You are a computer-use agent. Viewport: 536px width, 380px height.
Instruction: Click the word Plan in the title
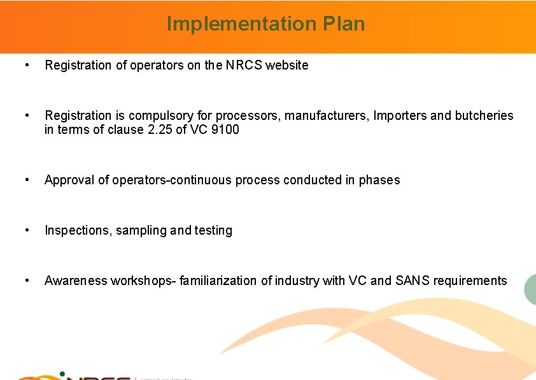pyautogui.click(x=344, y=24)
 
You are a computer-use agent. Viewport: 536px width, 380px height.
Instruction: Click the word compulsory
pyautogui.click(x=169, y=116)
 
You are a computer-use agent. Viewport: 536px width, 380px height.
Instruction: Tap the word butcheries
pyautogui.click(x=483, y=116)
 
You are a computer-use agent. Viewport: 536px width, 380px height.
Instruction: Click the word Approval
pyautogui.click(x=69, y=180)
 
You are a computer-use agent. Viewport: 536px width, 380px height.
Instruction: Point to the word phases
pyautogui.click(x=379, y=180)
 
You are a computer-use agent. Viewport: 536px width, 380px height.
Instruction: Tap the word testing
pyautogui.click(x=209, y=230)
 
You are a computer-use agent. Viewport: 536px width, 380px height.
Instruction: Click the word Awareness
pyautogui.click(x=76, y=281)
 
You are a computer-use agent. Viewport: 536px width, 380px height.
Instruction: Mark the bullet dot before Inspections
pyautogui.click(x=26, y=230)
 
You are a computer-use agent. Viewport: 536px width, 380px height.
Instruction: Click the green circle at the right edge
pyautogui.click(x=531, y=291)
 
